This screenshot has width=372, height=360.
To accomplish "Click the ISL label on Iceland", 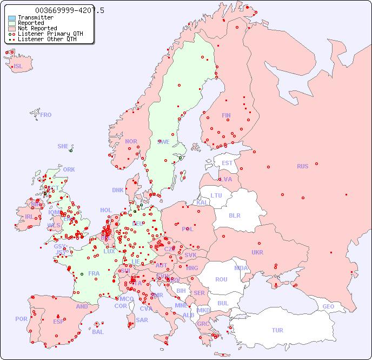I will click(18, 67).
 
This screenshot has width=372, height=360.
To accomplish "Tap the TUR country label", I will click(277, 330).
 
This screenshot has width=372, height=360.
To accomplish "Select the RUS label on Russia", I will click(302, 166).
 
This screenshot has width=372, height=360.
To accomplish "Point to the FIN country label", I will click(226, 115).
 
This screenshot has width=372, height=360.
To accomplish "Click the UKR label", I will click(257, 252).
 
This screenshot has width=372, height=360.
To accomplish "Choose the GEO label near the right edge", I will click(328, 306).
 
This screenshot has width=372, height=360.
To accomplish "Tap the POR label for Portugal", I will click(21, 319).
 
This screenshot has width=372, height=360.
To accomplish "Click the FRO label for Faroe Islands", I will click(46, 115).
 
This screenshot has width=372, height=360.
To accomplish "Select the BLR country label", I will click(235, 215).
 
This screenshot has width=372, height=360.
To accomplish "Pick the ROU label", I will click(221, 279).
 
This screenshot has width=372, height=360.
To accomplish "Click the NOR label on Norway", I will click(131, 141).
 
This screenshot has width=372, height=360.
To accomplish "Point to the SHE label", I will click(63, 146).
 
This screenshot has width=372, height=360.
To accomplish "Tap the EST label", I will click(227, 163).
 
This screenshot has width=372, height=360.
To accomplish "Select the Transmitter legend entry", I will click(36, 17).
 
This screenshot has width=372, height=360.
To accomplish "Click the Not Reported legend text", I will click(37, 28).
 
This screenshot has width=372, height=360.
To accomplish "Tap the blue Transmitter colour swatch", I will click(12, 17).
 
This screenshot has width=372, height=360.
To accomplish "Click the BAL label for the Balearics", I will click(98, 332).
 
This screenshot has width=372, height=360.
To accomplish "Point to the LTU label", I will click(216, 195).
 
